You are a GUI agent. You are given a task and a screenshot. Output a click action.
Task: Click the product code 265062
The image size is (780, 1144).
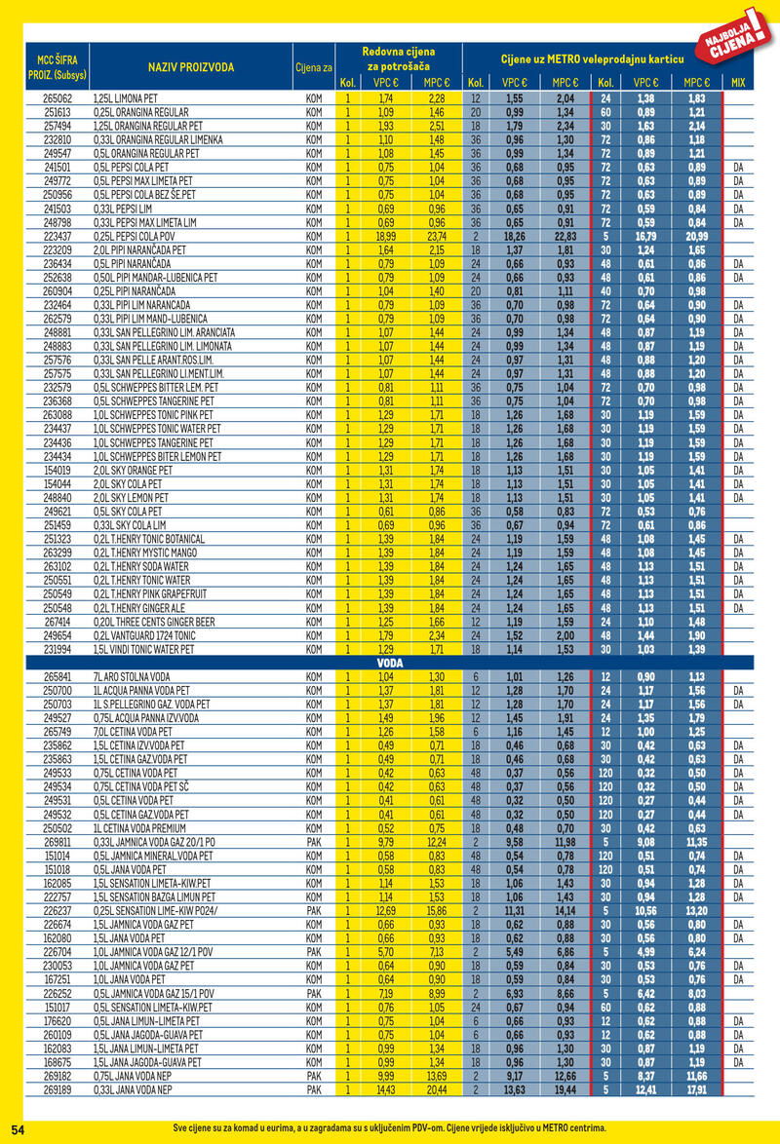pos(58,99)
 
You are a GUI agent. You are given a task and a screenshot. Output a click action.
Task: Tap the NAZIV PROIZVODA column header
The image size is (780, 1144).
pos(191,66)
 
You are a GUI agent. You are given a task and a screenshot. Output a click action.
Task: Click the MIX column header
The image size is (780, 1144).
pos(737,83)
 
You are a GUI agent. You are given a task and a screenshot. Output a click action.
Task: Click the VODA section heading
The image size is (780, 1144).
pos(389,661)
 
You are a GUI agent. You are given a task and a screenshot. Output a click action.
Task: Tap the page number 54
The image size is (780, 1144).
pos(18,1127)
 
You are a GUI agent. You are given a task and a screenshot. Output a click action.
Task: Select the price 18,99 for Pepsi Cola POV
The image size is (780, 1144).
pos(384,236)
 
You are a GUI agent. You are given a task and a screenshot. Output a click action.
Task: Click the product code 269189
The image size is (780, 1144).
pos(58,1089)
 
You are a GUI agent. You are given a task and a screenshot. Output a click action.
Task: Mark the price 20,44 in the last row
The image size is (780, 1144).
pos(437,1089)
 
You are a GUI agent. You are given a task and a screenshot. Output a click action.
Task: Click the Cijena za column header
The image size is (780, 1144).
pos(314,66)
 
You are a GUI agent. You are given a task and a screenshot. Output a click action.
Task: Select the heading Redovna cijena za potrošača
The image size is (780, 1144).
pos(398,57)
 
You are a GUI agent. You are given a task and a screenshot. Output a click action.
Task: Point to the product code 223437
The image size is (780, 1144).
pos(58,236)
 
